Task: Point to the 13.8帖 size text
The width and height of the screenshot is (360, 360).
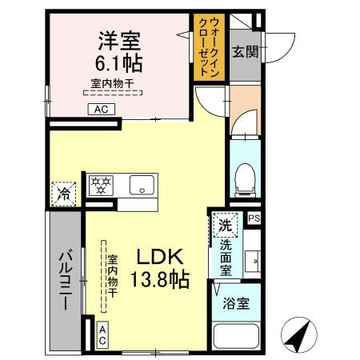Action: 161,281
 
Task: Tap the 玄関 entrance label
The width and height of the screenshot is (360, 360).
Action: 244,53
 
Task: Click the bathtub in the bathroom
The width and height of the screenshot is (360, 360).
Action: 237,339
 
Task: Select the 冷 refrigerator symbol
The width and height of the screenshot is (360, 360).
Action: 63,193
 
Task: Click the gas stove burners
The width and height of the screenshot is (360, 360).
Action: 102,186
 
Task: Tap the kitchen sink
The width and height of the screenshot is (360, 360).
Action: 142,187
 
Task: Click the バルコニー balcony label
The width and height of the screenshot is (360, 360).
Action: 66,281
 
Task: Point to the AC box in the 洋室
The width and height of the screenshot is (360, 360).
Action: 102,110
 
